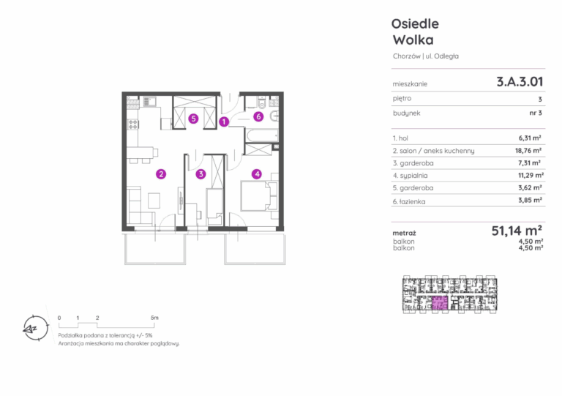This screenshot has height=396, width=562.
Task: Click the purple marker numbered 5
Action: coord(193,119)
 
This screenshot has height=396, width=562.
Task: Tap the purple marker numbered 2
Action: coord(161,174)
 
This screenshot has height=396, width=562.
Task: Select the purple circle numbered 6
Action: coord(258,116)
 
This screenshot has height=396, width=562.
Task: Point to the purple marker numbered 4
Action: coord(257,174)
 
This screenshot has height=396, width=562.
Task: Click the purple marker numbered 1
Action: coord(224,122)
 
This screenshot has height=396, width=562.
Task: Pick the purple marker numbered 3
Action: coord(201,174)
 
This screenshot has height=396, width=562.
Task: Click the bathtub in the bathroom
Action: coord(262,135)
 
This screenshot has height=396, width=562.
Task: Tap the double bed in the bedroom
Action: coord(259,195)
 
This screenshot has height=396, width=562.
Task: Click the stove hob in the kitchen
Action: coord(133,124)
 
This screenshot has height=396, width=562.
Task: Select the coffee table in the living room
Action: coord(154,201)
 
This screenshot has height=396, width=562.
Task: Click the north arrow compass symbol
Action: coord(35,328)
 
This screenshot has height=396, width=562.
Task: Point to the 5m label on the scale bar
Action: coord(154,318)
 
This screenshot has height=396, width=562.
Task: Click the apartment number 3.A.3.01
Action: coord(520,82)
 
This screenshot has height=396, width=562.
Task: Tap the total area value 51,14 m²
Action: coord(517,231)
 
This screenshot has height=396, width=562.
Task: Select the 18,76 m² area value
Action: coord(528,151)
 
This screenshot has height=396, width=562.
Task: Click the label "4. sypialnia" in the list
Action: coord(410,176)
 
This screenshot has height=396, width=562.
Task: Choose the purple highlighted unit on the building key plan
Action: coord(440,303)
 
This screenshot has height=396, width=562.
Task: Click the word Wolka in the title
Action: coord(413,40)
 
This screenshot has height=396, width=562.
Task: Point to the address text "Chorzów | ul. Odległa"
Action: coord(425,56)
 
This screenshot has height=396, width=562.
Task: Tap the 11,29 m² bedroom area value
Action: coord(531,175)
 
